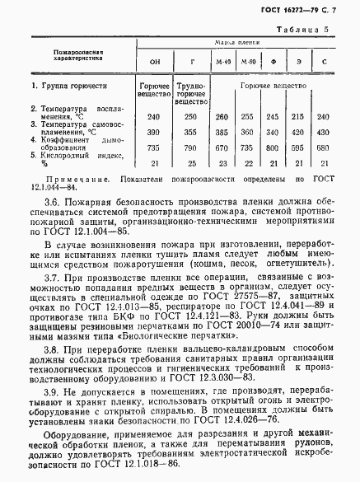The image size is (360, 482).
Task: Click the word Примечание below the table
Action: click(79, 178)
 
